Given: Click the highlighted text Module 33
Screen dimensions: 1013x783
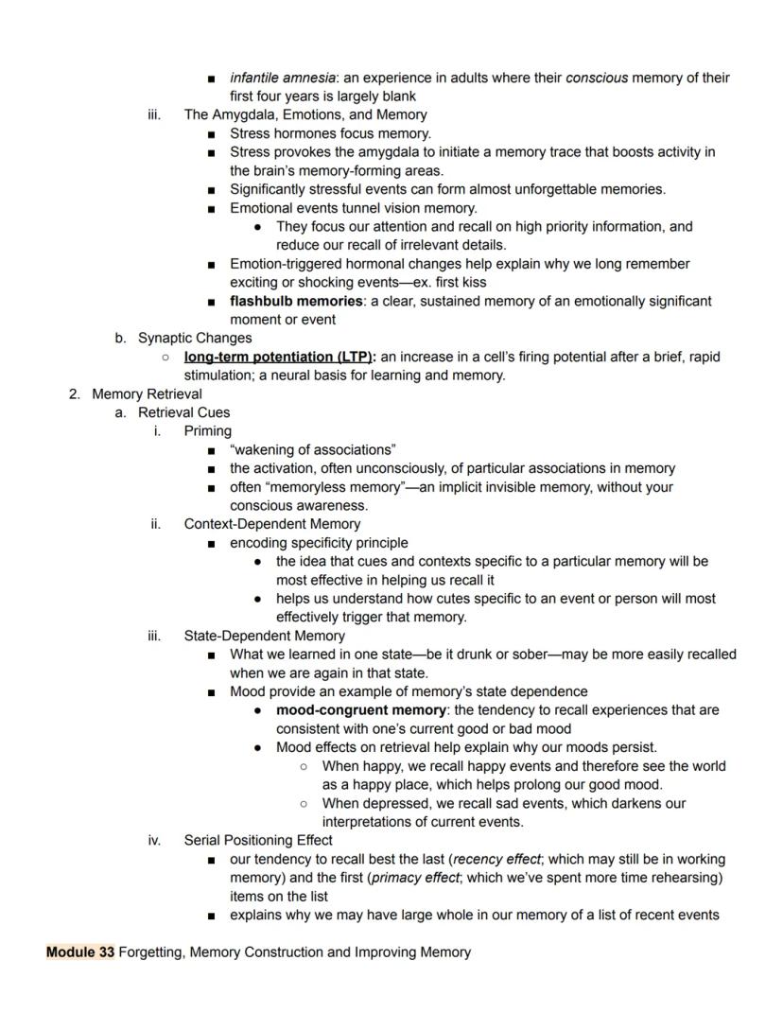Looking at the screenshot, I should point(80,952).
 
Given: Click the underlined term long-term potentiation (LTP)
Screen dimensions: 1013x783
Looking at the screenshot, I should point(279,357).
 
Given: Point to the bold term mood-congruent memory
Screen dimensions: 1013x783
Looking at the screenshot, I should point(360,709).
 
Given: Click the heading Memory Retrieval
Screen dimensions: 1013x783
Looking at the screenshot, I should point(147,393).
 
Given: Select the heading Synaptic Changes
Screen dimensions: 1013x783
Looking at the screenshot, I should point(195,338).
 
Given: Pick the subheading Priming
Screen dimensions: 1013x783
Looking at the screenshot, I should point(207,430).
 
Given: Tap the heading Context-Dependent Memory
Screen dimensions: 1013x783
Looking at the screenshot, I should point(271,523).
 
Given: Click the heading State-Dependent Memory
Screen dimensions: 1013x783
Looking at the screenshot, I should point(264,636).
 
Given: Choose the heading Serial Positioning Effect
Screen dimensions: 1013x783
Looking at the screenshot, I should point(257,840).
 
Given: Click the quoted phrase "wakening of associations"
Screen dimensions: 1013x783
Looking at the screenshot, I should point(312,449).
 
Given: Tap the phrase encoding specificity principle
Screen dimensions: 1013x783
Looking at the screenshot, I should point(319,543).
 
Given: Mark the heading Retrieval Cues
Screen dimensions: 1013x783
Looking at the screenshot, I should point(183,412).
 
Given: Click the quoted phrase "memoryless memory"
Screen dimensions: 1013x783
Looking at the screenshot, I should point(335,487).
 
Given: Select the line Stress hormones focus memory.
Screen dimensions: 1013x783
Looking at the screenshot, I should point(330,133).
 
